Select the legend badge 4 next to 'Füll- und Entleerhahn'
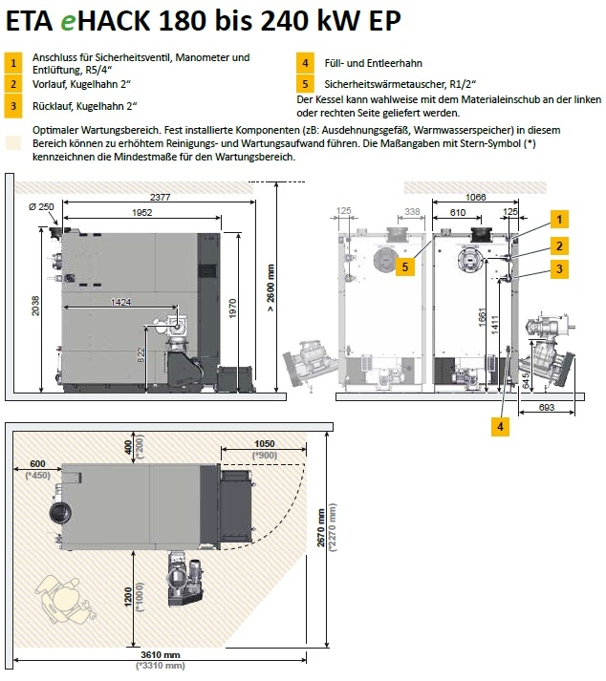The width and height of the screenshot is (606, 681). [304, 63]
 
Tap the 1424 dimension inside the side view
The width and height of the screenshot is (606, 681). [121, 303]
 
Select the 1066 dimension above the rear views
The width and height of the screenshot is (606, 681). [475, 195]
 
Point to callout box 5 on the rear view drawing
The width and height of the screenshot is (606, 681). [406, 268]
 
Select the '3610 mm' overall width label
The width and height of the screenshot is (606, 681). [159, 654]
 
